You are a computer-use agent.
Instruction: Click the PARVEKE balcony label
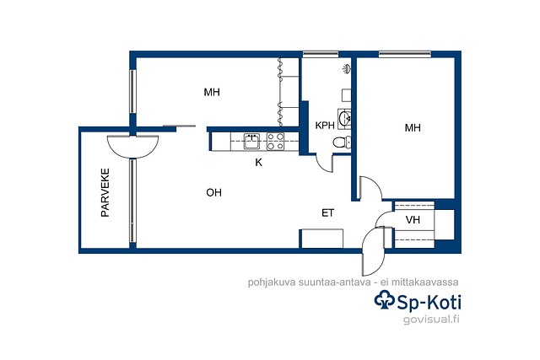105,192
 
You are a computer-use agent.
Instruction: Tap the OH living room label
213,193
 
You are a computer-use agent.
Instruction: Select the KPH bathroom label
325,126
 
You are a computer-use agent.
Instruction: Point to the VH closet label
413,219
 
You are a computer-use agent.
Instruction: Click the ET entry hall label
327,213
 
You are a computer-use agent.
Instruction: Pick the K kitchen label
258,163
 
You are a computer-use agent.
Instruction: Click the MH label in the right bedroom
413,128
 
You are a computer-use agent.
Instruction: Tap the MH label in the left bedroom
212,92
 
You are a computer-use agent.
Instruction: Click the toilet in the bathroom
342,142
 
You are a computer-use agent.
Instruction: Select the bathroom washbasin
344,119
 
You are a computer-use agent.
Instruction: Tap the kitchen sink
252,142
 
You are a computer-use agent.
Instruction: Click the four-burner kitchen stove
276,142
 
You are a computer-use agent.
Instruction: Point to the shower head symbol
347,69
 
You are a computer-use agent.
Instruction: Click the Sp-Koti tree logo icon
385,300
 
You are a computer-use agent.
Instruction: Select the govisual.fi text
431,320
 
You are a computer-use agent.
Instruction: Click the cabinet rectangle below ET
322,239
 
